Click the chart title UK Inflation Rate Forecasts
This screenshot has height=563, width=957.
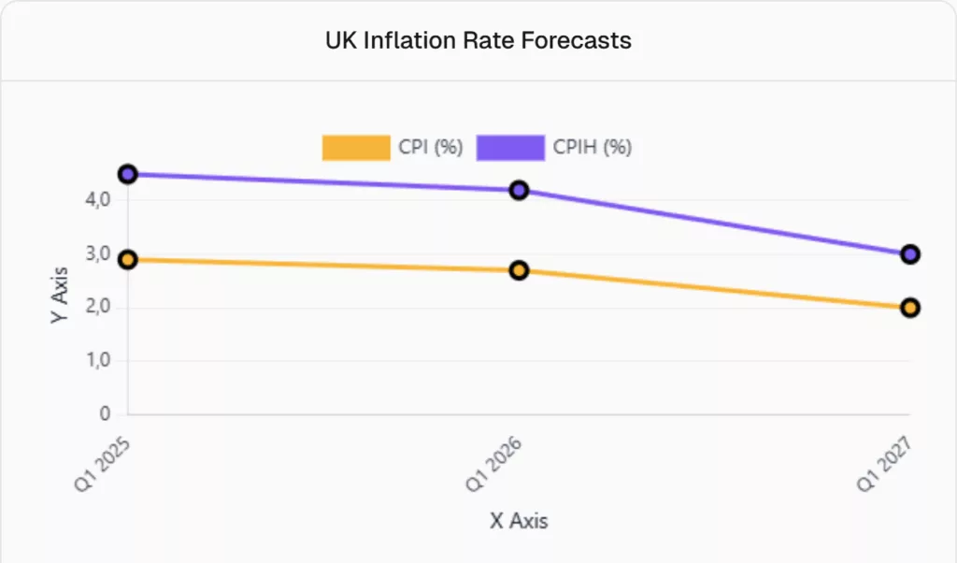pos(478,41)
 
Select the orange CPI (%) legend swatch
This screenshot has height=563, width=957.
pos(356,148)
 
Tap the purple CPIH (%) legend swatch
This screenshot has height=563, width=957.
pos(510,148)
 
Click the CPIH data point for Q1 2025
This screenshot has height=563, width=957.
pos(128,174)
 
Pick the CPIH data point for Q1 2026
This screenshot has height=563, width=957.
pos(519,190)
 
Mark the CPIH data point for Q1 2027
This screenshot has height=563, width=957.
pos(910,254)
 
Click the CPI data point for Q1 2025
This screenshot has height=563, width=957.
pos(128,259)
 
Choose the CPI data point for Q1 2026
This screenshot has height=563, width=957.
pos(519,270)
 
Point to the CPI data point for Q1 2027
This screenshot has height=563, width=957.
pos(910,308)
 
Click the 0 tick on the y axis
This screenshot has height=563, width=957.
pos(105,414)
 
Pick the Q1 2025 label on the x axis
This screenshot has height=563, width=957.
pos(102,459)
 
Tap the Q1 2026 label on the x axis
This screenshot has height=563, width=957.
pos(493,459)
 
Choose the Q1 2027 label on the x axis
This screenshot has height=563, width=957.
pos(884,459)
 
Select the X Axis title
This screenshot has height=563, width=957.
pos(519,521)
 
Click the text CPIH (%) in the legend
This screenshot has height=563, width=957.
pos(592,148)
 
